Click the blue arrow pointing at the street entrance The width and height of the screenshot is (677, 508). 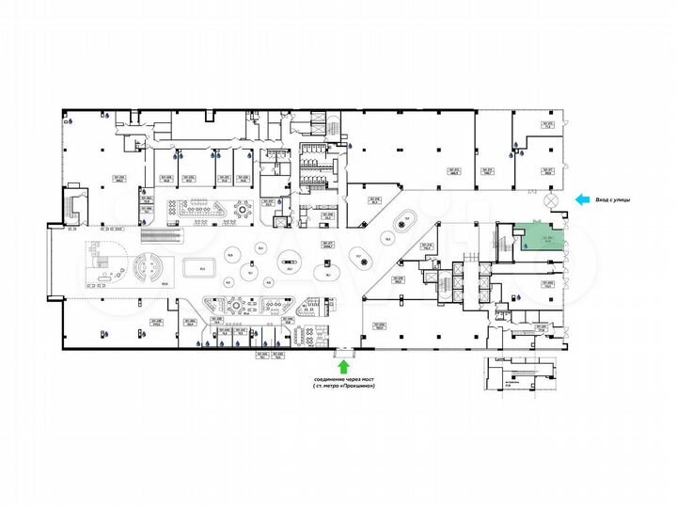click(583, 199)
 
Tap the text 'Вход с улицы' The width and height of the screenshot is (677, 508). click(625, 199)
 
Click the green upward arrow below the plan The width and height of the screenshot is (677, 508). click(343, 365)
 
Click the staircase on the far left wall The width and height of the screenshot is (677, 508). click(73, 203)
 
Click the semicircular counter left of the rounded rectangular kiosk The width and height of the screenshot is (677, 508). click(148, 271)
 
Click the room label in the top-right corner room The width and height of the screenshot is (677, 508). click(546, 127)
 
